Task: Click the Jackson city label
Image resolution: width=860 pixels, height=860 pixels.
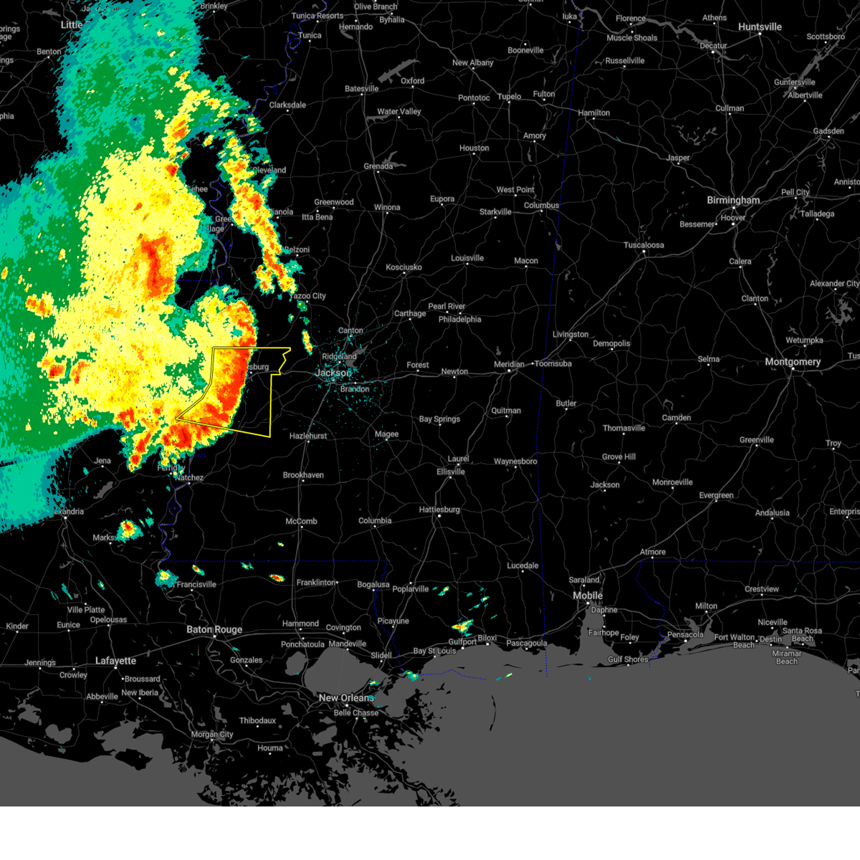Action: point(333,373)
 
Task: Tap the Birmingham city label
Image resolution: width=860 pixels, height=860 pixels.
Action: point(733,201)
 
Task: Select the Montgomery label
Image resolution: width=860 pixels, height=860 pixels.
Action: point(793,362)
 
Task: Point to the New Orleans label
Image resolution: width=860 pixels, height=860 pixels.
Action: point(346,698)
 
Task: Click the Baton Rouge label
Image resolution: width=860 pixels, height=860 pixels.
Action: point(214,630)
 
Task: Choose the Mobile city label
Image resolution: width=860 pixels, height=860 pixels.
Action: point(588,596)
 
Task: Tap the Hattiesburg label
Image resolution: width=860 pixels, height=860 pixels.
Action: point(439,510)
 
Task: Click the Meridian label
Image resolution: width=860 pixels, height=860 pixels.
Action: point(510,365)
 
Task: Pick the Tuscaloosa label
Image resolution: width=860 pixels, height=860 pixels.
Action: point(644,245)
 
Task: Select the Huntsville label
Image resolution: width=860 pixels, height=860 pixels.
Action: point(760,27)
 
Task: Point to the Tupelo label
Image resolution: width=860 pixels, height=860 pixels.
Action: point(510,97)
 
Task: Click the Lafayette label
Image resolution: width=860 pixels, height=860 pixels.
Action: point(115,661)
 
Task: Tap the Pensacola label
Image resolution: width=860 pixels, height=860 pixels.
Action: point(685,634)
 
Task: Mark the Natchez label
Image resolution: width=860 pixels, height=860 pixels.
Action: point(190,477)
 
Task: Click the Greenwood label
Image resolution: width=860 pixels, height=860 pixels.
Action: point(334,202)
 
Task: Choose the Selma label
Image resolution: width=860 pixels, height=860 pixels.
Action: point(709,359)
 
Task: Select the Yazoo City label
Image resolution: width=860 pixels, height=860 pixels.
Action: point(308,296)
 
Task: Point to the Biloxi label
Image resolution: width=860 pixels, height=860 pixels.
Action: point(487,638)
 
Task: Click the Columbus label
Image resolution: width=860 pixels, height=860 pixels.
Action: point(541,206)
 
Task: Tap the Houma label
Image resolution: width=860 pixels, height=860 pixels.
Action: point(270,748)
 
